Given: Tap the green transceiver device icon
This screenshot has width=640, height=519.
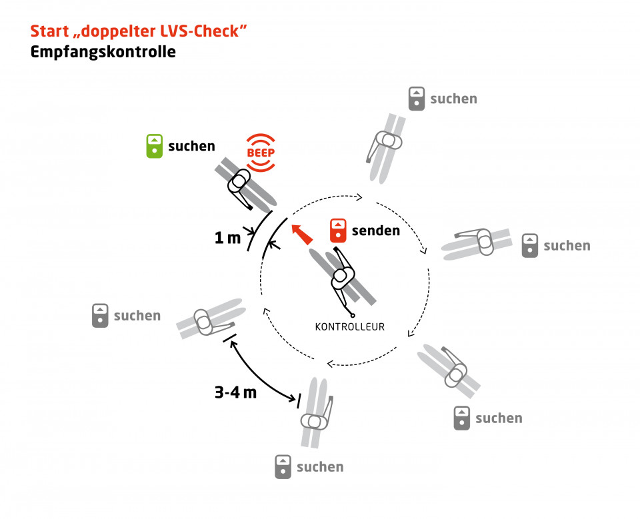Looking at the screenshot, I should (154, 146).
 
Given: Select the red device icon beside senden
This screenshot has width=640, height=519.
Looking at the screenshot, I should (339, 231).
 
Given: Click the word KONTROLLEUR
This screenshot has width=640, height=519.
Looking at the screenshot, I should (350, 326).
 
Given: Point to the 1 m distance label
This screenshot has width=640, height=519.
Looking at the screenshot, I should (227, 238).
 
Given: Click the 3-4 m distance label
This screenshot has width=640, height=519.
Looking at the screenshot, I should (235, 392).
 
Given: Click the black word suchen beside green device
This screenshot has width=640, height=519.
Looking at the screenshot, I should (191, 146).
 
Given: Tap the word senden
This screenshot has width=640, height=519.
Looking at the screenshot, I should (375, 231).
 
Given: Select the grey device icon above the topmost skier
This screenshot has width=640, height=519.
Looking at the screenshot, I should (417, 99).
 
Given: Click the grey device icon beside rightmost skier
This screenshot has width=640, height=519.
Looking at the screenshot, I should (530, 245).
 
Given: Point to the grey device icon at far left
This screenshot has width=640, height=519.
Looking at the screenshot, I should (100, 315).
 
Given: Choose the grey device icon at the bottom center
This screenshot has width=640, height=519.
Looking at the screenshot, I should (283, 466).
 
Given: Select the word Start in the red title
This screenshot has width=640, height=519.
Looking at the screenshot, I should (51, 31).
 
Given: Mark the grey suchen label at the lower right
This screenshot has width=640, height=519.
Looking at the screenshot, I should (499, 418).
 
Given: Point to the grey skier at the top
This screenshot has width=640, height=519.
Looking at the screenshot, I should (386, 146).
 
